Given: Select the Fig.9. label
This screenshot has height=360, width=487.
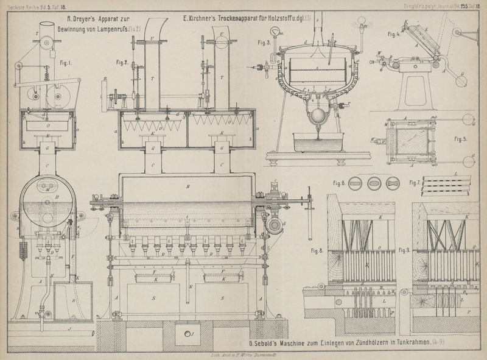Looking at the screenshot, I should (406, 250).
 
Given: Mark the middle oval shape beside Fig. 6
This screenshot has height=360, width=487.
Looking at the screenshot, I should (374, 183).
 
